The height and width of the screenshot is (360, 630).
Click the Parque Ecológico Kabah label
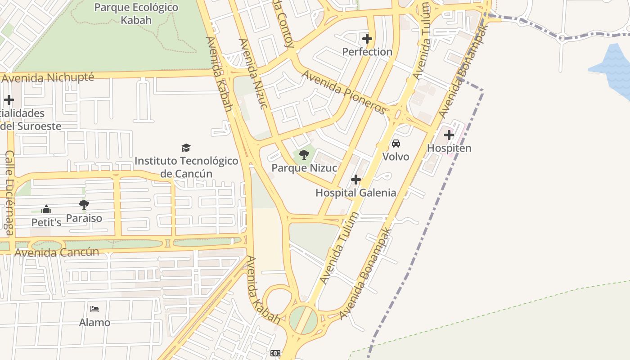point(136,14)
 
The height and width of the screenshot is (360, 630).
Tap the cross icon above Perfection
point(367,39)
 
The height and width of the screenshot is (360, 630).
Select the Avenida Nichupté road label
point(48,78)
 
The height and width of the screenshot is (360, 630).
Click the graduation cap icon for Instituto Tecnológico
point(186,148)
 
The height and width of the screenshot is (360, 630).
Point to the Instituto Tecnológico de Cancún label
point(186,167)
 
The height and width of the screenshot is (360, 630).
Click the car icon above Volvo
point(396,144)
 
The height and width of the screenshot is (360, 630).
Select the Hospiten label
point(449,148)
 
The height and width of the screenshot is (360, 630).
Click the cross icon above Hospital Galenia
point(356,180)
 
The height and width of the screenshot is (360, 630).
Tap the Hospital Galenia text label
point(356,193)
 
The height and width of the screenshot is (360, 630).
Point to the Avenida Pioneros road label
point(345,92)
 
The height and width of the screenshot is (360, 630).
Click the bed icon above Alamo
point(94,309)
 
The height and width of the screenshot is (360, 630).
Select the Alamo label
point(94,322)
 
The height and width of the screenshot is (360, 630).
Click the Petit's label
point(46,222)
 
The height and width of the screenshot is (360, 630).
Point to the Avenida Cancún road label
point(57,252)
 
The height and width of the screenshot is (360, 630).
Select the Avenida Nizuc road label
point(253,73)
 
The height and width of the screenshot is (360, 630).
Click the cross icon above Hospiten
point(449,135)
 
